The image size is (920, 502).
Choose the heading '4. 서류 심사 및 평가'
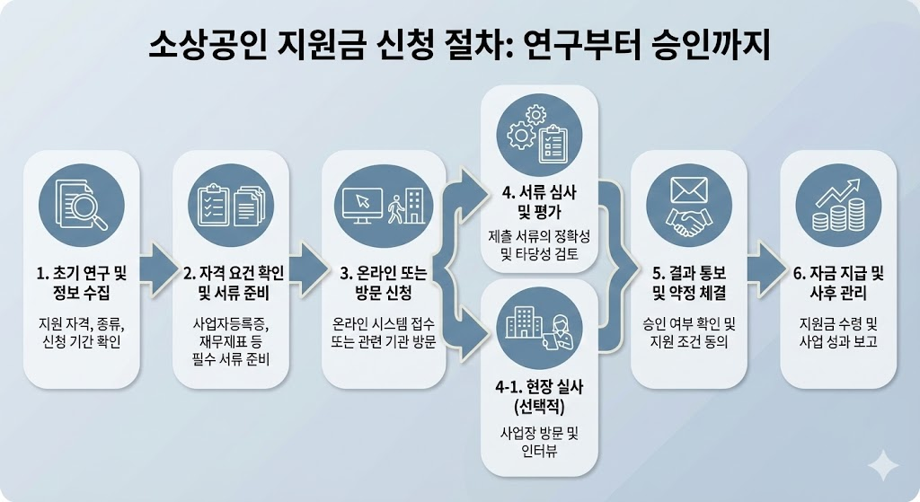click(x=539, y=205)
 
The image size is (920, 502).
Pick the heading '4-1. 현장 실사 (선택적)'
click(x=539, y=397)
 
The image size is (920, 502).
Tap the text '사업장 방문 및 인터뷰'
click(x=539, y=442)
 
